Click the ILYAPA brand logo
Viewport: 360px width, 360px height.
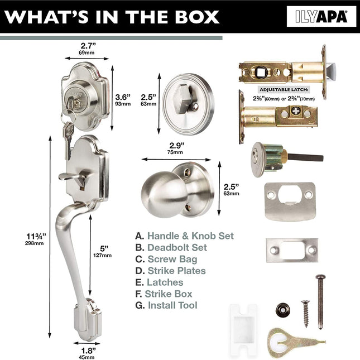[321, 17]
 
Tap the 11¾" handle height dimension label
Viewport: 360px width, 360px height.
[35, 239]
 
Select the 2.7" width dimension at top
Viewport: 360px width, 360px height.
[87, 49]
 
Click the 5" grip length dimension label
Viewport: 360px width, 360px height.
[103, 251]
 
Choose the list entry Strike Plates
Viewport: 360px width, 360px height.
[170, 271]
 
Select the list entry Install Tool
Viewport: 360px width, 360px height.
[166, 305]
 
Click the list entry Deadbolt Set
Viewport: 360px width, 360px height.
[171, 247]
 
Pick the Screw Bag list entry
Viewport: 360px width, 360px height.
[166, 259]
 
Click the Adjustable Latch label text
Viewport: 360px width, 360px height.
[284, 89]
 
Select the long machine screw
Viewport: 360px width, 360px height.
[320, 302]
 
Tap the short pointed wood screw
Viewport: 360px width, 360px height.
[306, 314]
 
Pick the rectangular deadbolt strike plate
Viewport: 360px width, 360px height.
[292, 250]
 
